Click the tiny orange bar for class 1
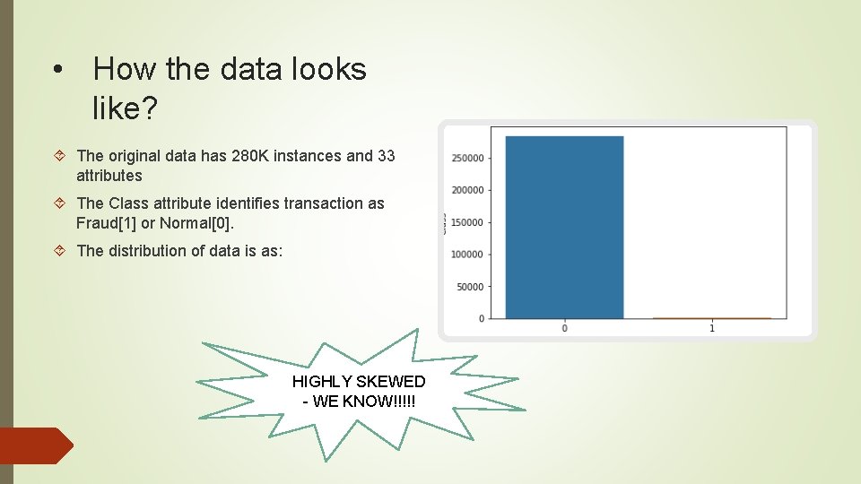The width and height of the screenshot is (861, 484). click(x=711, y=317)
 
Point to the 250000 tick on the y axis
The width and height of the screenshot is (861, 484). click(x=468, y=158)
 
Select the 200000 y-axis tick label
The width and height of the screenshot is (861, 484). click(x=468, y=190)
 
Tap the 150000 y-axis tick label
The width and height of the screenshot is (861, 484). click(x=468, y=222)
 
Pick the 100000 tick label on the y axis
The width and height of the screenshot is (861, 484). click(x=468, y=255)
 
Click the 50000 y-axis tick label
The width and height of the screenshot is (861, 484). click(x=471, y=287)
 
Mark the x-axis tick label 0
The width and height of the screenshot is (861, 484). click(x=564, y=329)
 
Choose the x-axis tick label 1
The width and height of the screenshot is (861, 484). click(x=712, y=329)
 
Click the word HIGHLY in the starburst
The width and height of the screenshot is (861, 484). click(x=320, y=382)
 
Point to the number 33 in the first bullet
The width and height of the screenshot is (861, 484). click(x=386, y=156)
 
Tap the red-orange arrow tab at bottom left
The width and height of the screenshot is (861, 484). click(x=36, y=445)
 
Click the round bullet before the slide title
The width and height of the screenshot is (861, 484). click(x=57, y=70)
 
